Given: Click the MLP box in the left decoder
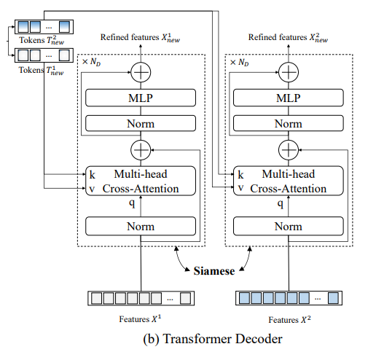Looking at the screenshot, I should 140,98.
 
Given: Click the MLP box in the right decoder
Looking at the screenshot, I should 289,98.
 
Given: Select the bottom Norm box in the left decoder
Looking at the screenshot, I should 140,226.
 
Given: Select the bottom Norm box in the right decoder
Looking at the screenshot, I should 289,226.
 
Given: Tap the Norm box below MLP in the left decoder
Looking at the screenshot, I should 140,123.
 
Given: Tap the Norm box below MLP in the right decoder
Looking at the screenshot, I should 289,123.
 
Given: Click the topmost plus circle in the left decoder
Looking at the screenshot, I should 140,71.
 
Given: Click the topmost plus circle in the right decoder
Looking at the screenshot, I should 289,71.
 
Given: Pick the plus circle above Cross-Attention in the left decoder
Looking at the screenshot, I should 140,149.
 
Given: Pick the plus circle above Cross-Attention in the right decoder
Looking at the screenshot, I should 289,149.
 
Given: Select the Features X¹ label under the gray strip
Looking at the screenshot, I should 141,318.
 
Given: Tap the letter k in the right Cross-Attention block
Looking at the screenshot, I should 238,176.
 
